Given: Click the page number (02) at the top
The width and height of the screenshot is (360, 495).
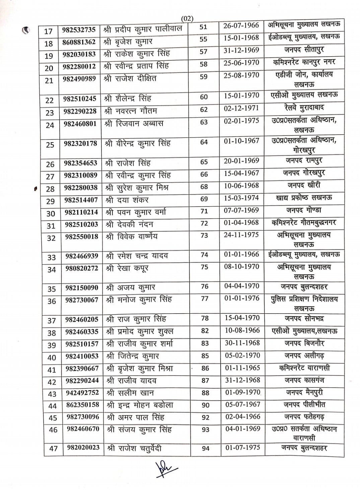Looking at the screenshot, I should pyautogui.click(x=187, y=19).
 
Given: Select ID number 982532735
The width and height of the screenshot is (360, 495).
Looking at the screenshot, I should pyautogui.click(x=79, y=29).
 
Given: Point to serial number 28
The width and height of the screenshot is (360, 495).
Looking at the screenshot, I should pyautogui.click(x=50, y=189).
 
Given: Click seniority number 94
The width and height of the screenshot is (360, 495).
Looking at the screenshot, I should pyautogui.click(x=206, y=448).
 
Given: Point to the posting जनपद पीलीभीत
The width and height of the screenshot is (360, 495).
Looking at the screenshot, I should pyautogui.click(x=304, y=405).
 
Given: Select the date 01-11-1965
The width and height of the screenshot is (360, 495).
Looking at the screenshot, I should pyautogui.click(x=242, y=368).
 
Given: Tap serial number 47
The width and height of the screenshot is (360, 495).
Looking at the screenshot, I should pyautogui.click(x=53, y=448).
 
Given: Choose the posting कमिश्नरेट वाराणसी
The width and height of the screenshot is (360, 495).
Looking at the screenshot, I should pyautogui.click(x=304, y=368).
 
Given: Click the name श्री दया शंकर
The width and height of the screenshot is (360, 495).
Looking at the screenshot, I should pyautogui.click(x=127, y=200).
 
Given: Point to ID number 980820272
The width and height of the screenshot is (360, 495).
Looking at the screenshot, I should pyautogui.click(x=82, y=268).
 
